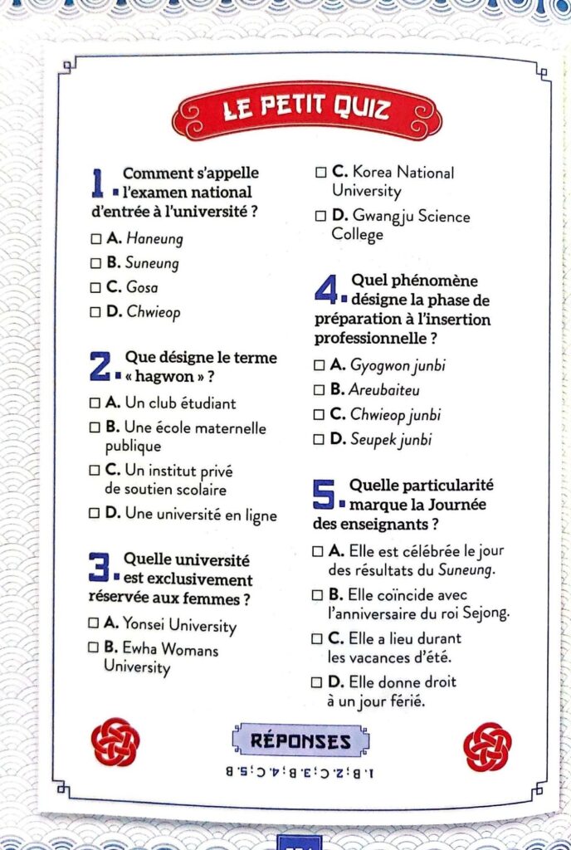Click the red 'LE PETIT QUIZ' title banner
click(307, 110)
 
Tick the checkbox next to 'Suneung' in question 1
click(95, 263)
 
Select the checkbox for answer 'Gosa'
click(95, 287)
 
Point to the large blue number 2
click(100, 366)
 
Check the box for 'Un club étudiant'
click(95, 403)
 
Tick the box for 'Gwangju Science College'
click(320, 216)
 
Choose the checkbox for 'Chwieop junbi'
click(320, 414)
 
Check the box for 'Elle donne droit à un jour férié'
click(315, 682)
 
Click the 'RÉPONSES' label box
click(300, 740)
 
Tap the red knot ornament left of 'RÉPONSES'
click(115, 741)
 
